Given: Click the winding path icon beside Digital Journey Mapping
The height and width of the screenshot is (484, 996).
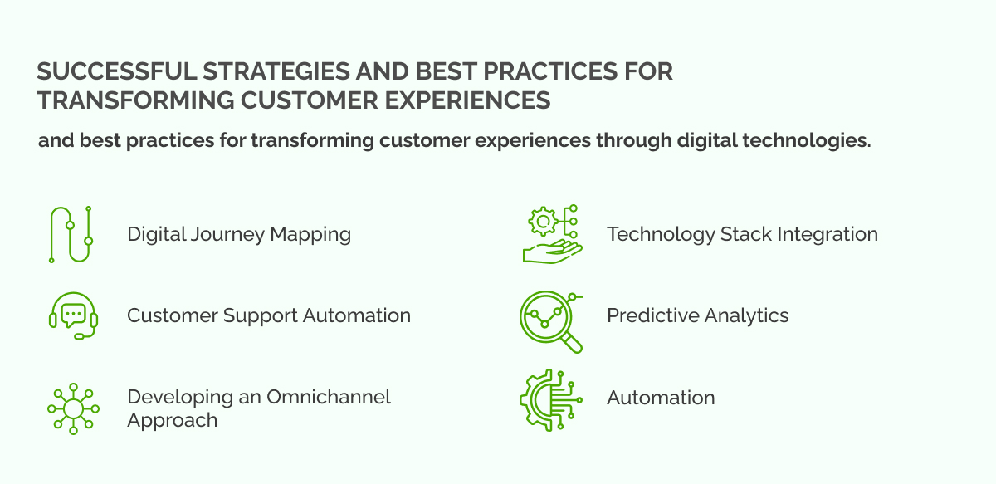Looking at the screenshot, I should click(71, 235).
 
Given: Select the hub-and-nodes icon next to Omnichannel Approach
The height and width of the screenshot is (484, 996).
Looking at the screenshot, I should click(73, 408).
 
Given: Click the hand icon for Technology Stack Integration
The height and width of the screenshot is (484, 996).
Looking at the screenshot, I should click(550, 252).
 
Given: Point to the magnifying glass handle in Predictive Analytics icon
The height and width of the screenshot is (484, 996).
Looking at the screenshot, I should click(572, 341).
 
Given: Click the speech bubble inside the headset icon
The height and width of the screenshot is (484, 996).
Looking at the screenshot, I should click(74, 313).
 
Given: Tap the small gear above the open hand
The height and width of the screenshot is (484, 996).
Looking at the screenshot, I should click(544, 222).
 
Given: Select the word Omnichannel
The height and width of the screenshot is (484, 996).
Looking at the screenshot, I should click(328, 397).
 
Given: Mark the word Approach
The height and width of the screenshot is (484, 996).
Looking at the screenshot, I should click(172, 420).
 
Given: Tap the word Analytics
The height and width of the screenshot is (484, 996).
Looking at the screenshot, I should click(747, 315).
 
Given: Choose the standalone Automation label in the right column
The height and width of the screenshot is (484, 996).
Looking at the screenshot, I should click(661, 398).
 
